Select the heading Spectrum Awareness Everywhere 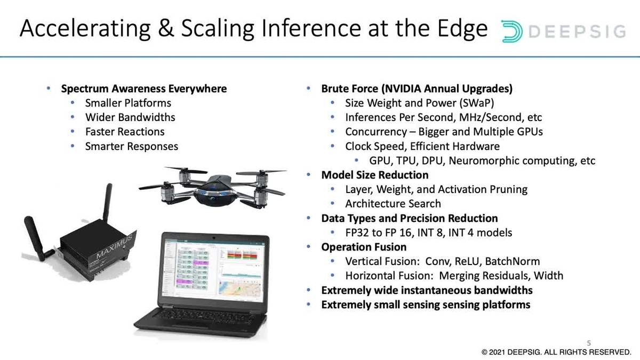(144, 89)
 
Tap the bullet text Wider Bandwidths (130, 117)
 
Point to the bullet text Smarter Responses (132, 146)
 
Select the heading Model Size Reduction (374, 175)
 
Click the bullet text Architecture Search (393, 204)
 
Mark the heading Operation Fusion (364, 247)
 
